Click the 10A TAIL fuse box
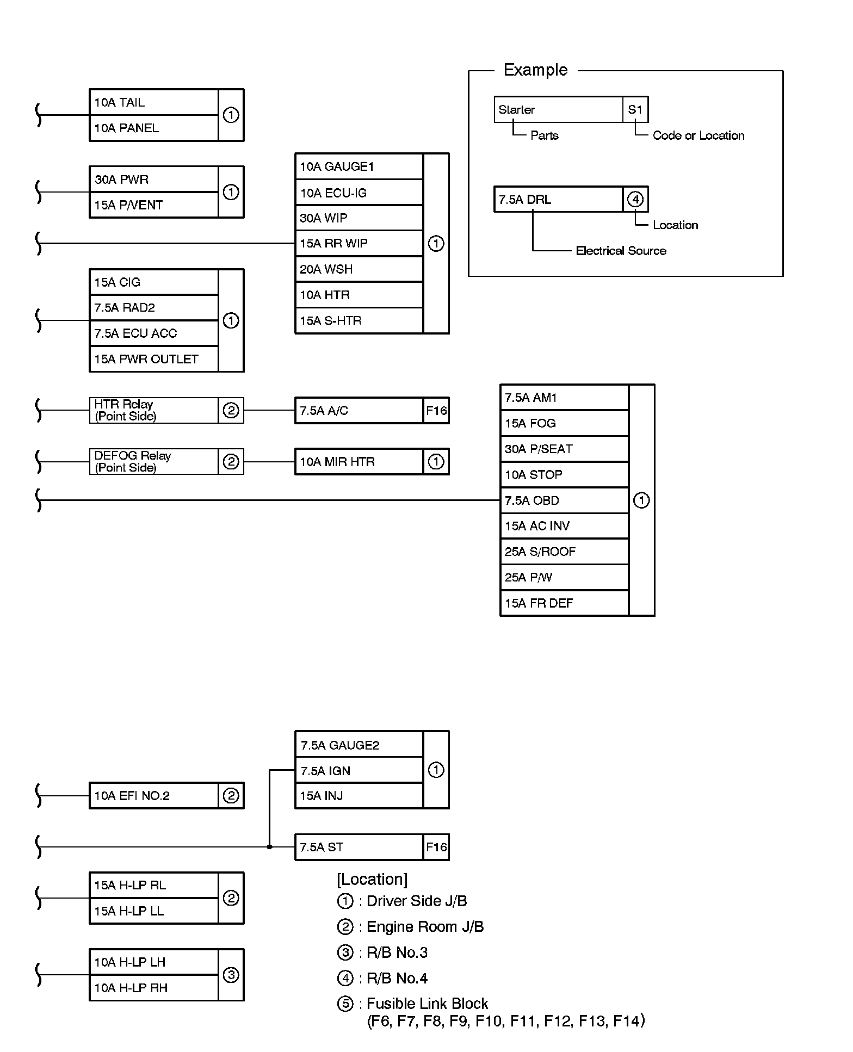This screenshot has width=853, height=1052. tap(153, 102)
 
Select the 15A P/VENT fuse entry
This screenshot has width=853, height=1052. tap(153, 205)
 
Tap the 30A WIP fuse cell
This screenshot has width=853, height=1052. tap(358, 218)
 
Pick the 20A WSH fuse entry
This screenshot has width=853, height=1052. tap(358, 269)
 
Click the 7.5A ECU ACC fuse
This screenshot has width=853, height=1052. tap(153, 333)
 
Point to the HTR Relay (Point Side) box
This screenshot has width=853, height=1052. tap(153, 410)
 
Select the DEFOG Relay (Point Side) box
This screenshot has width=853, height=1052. tap(153, 461)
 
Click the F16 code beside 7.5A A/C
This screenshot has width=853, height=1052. tap(436, 411)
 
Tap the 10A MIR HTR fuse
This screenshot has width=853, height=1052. tap(358, 462)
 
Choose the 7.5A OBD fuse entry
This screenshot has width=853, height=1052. tap(564, 500)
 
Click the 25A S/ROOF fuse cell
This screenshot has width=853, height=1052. tap(564, 552)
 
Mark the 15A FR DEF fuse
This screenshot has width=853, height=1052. tap(564, 603)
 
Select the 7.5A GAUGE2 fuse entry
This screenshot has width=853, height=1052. tap(358, 745)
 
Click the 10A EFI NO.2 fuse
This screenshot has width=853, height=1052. tap(153, 796)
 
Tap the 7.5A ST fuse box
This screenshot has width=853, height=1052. tap(358, 847)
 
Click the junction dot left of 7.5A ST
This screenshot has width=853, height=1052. tap(269, 847)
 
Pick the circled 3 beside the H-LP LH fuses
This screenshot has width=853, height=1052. tap(231, 975)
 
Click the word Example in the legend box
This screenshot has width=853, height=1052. tap(535, 70)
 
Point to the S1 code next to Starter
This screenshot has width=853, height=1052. tap(635, 110)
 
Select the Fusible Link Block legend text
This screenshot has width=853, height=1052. tap(427, 1004)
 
